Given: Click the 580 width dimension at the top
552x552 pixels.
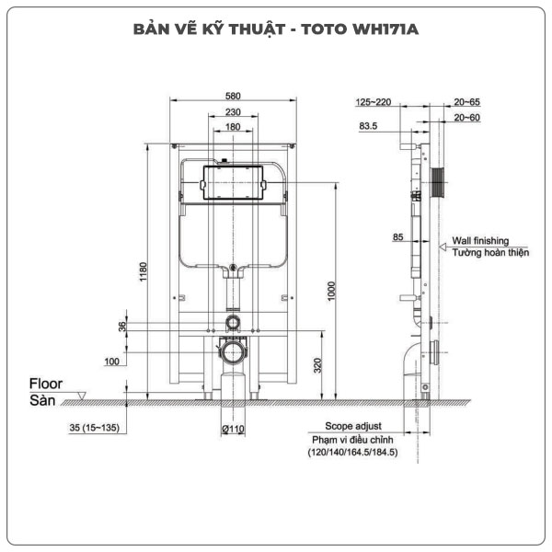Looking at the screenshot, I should pos(232,96).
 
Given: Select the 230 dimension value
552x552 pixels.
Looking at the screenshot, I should pos(232,111).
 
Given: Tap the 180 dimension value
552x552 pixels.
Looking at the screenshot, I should pos(232,127).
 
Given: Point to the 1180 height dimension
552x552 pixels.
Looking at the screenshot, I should pos(142,272).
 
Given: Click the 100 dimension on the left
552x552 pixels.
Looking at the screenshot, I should pos(111,361).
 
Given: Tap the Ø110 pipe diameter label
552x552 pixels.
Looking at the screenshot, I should pos(232,429).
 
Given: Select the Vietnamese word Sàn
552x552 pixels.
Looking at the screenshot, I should pos(42,401).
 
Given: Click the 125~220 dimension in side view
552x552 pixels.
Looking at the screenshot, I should pos(373,101).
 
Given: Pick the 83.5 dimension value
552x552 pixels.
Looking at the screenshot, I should pos(369,126).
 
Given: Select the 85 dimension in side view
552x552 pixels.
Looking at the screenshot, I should pos(398,237).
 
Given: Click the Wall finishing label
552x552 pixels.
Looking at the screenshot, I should pos(486,240).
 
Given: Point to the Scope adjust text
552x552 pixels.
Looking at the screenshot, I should pos(353,428).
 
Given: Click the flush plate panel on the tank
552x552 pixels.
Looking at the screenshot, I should pos(232,182).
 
